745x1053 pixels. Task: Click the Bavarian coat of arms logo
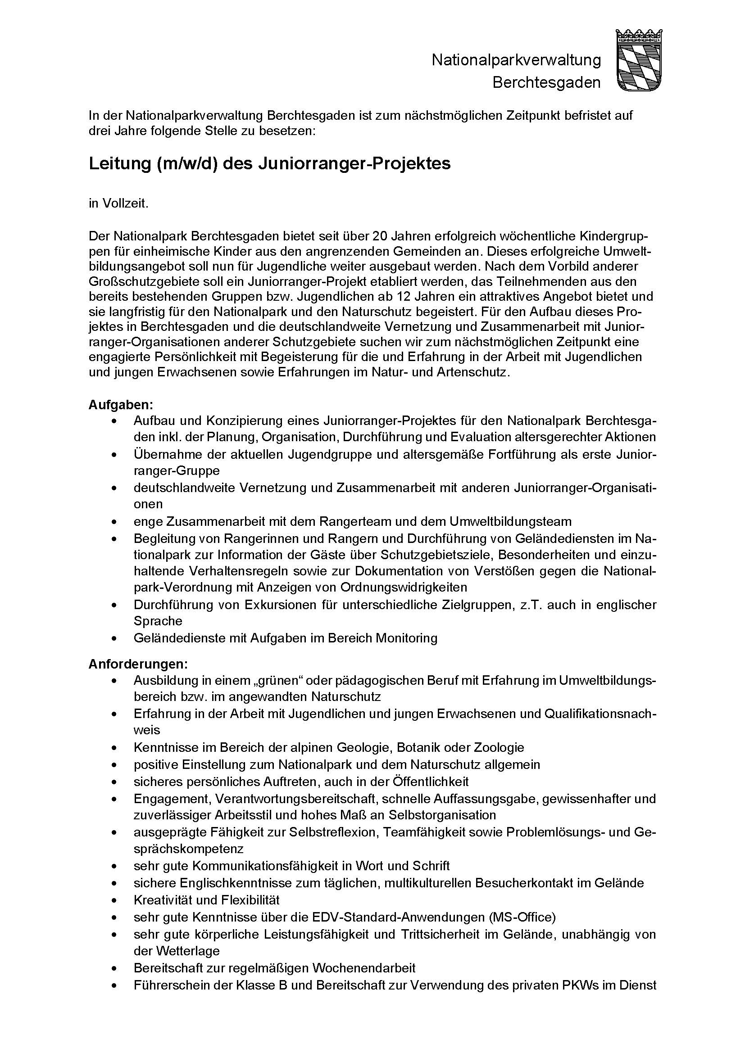(x=639, y=60)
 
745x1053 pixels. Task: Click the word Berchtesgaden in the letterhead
(x=546, y=83)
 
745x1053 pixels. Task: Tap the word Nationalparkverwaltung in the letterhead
(x=516, y=60)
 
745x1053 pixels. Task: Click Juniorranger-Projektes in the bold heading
(x=354, y=164)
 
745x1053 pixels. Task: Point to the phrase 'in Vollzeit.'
(x=118, y=203)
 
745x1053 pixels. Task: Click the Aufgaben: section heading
(x=121, y=406)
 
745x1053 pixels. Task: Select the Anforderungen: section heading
(x=138, y=664)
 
